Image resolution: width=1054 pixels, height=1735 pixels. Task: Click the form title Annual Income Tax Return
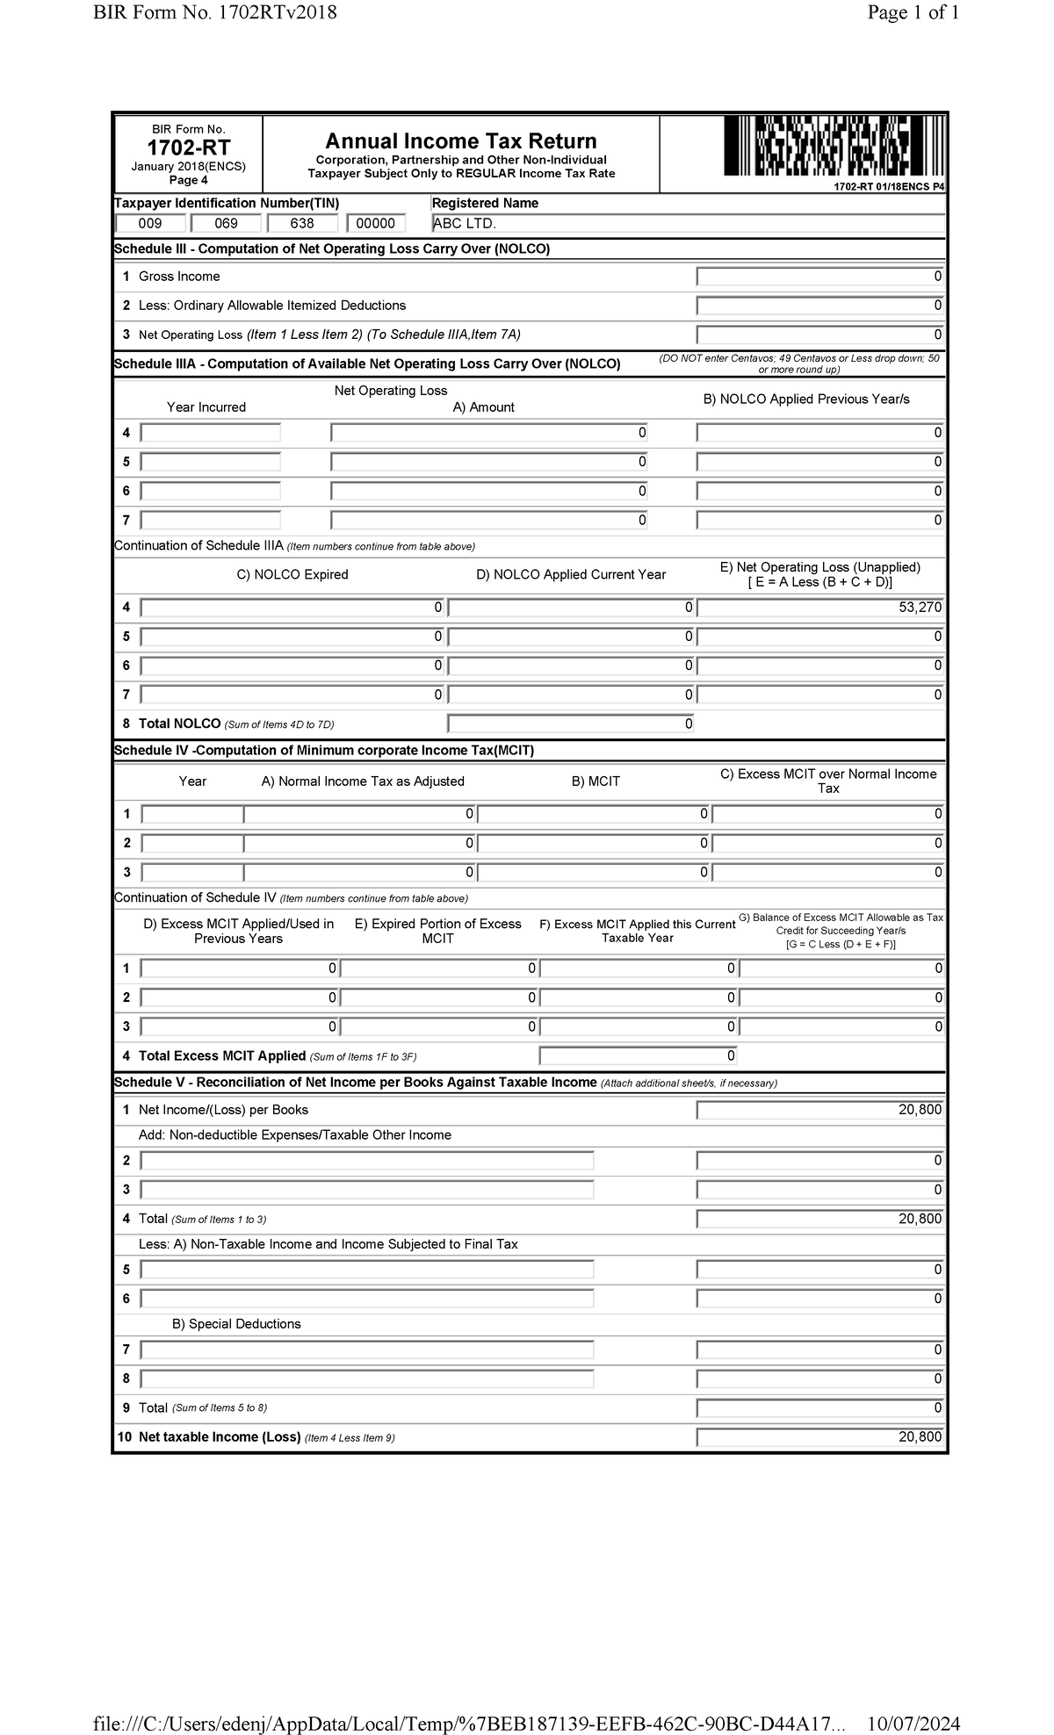(460, 141)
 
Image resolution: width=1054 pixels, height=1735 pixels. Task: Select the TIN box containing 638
(302, 224)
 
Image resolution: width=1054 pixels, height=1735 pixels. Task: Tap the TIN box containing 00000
(376, 224)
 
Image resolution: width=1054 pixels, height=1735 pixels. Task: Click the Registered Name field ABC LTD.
(688, 224)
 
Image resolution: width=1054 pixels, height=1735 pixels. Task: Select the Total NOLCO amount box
(570, 724)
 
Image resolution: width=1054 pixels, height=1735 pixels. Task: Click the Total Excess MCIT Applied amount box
(638, 1056)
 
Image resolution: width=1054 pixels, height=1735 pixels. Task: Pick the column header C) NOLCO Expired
(292, 575)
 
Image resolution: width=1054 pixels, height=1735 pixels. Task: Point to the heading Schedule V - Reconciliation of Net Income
(355, 1083)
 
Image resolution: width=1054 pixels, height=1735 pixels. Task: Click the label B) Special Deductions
(236, 1324)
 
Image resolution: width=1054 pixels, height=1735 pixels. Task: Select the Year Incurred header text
(206, 407)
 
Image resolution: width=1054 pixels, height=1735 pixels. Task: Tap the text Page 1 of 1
(913, 12)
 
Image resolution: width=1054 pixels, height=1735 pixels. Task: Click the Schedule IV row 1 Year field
(192, 815)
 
